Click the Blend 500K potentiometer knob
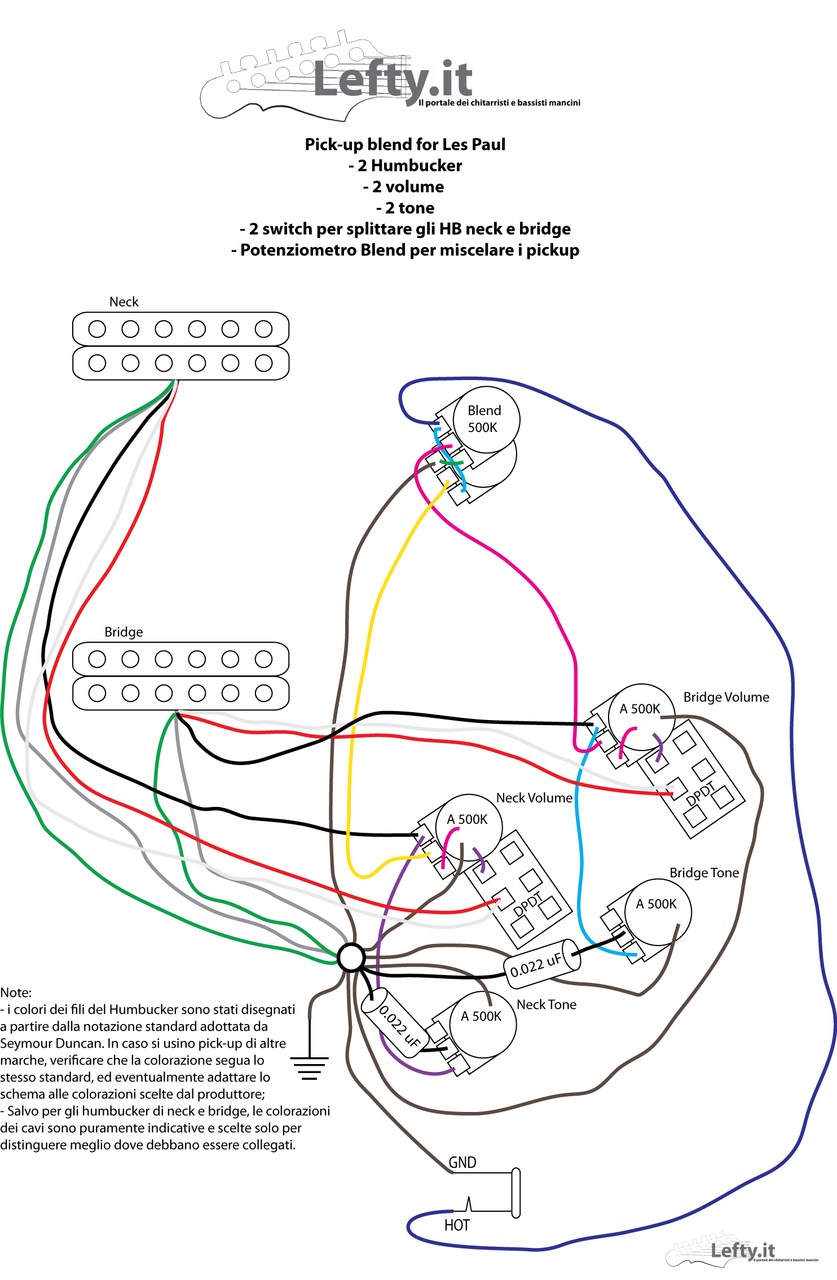click(486, 419)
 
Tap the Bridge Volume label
click(726, 697)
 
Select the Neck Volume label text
click(534, 798)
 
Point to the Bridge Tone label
click(704, 873)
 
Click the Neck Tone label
click(547, 1004)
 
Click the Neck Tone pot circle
click(483, 1024)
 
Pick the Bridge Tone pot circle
click(658, 911)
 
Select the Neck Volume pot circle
click(469, 827)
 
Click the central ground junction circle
click(351, 957)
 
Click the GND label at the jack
click(462, 1162)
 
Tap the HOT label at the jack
click(457, 1225)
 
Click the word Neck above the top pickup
click(124, 302)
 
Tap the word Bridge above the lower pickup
click(124, 632)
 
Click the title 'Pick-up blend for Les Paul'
click(405, 144)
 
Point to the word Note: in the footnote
click(16, 992)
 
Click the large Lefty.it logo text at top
click(393, 80)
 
